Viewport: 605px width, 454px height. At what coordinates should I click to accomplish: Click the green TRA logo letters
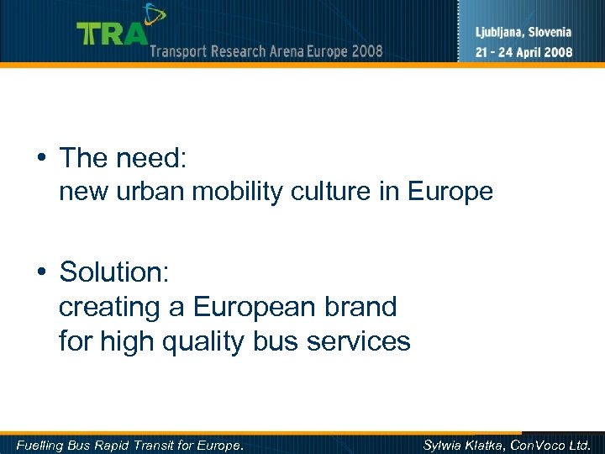coord(112,34)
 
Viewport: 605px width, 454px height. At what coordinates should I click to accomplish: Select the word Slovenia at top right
coord(550,33)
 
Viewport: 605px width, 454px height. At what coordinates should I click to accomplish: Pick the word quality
coord(212,342)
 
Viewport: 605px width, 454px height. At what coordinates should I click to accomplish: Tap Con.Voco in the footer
coord(543,444)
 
